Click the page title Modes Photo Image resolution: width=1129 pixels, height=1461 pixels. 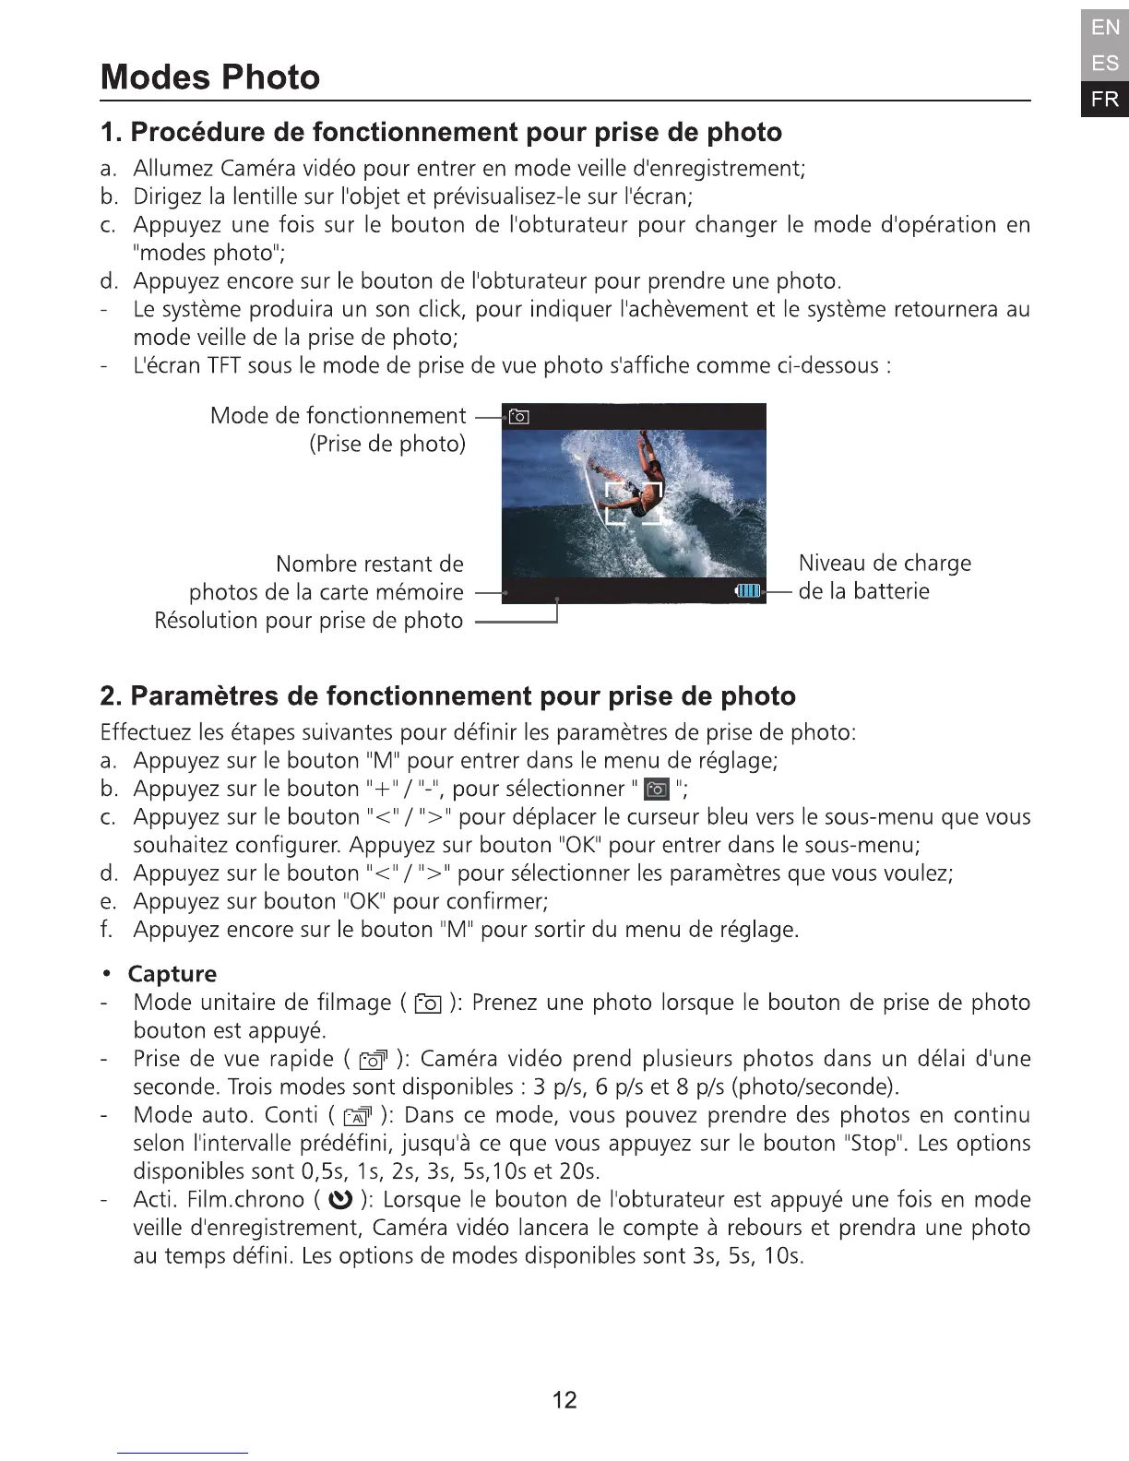tap(210, 77)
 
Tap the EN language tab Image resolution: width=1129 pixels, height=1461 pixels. tap(1105, 28)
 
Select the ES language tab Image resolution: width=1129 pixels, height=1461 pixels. tap(1105, 63)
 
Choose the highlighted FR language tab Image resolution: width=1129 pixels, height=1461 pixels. tap(1105, 99)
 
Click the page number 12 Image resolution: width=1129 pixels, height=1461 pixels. tap(564, 1400)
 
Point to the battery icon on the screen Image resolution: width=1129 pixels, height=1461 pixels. tap(747, 591)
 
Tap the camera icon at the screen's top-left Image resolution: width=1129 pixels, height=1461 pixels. tap(519, 417)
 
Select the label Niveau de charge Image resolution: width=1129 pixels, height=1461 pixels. tap(884, 563)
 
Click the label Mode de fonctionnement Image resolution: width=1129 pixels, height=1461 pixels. tap(338, 416)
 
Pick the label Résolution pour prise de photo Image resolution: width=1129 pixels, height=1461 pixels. tap(308, 621)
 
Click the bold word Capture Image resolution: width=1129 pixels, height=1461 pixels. tap(172, 974)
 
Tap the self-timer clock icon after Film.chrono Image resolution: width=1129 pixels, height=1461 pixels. tap(341, 1200)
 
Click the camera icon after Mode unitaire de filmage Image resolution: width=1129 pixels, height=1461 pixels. tap(429, 1004)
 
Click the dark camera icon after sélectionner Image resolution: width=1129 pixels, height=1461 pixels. tap(657, 790)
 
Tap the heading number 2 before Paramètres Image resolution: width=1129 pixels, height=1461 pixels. tap(110, 695)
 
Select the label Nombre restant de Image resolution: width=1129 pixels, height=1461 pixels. tap(369, 564)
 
